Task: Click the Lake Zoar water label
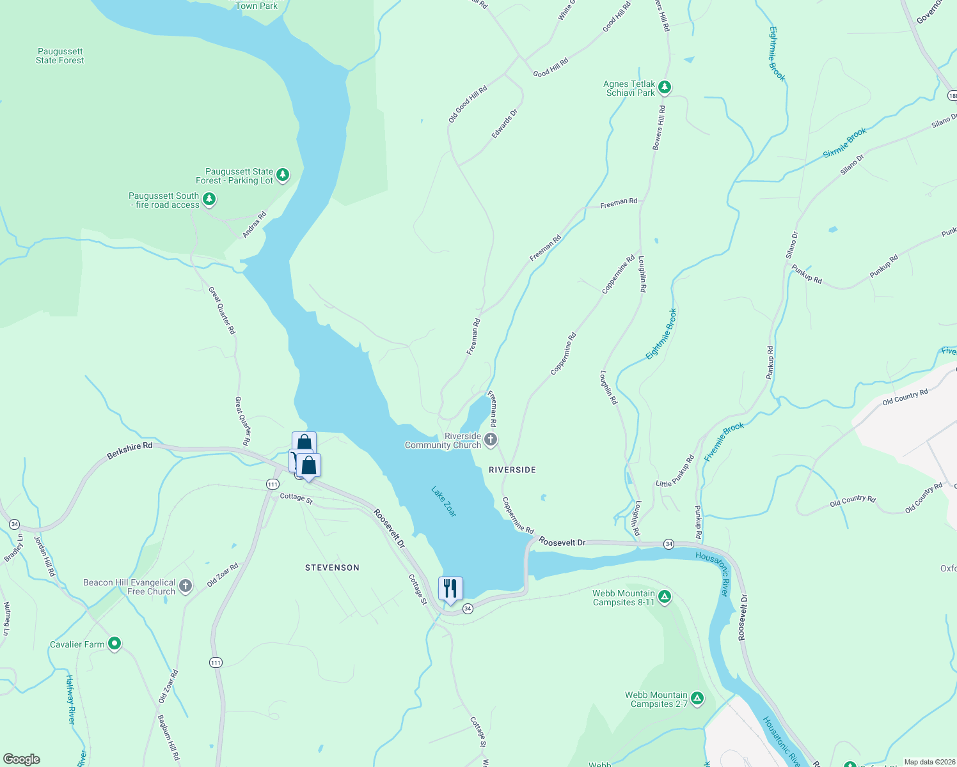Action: pyautogui.click(x=443, y=502)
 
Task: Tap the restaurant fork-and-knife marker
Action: pyautogui.click(x=450, y=589)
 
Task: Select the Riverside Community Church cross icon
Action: pyautogui.click(x=491, y=439)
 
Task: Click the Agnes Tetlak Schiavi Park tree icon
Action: pyautogui.click(x=665, y=87)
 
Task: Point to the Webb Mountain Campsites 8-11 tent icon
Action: pyautogui.click(x=665, y=597)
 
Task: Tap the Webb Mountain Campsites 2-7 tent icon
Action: pyautogui.click(x=697, y=699)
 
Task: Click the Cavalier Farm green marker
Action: pyautogui.click(x=115, y=644)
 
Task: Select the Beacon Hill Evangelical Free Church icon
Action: pyautogui.click(x=186, y=586)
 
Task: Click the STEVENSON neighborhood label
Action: pyautogui.click(x=332, y=568)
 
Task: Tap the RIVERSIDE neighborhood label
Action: pyautogui.click(x=512, y=470)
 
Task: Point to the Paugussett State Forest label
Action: pyautogui.click(x=60, y=56)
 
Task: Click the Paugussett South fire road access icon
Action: pyautogui.click(x=209, y=200)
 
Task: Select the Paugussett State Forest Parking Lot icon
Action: pyautogui.click(x=283, y=174)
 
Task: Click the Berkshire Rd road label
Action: pyautogui.click(x=130, y=449)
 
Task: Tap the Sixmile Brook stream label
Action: pyautogui.click(x=844, y=143)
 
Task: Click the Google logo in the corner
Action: pyautogui.click(x=21, y=759)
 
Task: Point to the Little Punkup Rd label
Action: pyautogui.click(x=675, y=472)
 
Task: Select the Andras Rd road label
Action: pyautogui.click(x=254, y=225)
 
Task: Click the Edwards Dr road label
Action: pyautogui.click(x=504, y=124)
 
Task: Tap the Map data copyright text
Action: pyautogui.click(x=929, y=762)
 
